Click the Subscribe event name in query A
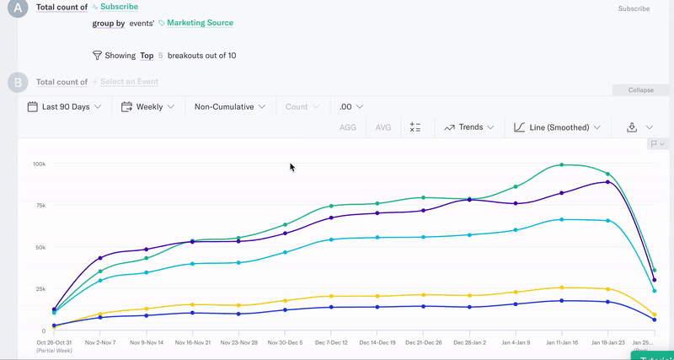point(119,7)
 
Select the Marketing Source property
point(200,23)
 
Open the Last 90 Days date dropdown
point(64,107)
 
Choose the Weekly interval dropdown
point(147,107)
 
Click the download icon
point(632,127)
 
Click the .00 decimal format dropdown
point(350,107)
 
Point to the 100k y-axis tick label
point(39,164)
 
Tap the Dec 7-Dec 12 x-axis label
point(330,343)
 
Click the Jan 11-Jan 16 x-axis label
point(561,343)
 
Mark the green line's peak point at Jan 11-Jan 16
point(561,165)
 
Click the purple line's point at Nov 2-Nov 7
point(100,258)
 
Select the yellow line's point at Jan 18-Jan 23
point(607,289)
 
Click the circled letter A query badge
point(18,8)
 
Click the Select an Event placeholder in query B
point(129,82)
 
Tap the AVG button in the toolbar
point(383,127)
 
